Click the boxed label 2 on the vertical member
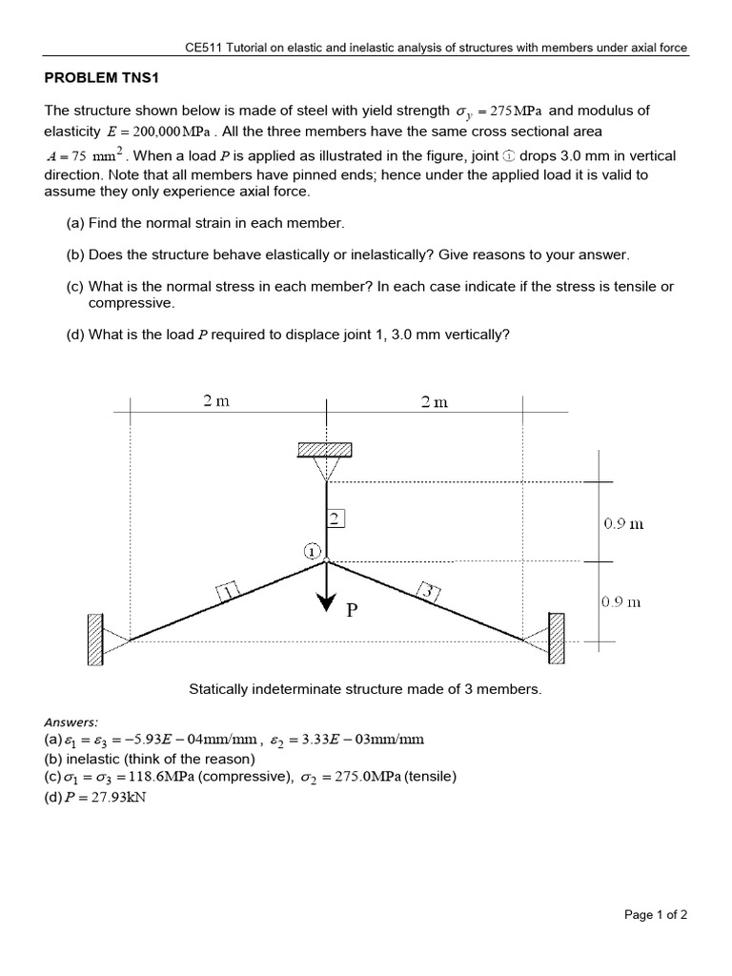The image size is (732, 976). pos(335,518)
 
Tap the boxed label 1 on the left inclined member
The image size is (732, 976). pos(230,594)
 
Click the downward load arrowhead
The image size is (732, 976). pos(327,600)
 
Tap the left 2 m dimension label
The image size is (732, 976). pos(216,401)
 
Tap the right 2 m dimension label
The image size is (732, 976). pos(434,401)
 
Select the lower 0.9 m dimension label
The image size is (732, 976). pos(622,602)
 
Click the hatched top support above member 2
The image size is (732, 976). pos(327,450)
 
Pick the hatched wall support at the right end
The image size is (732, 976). pos(557,637)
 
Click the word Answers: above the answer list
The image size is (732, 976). pos(71,722)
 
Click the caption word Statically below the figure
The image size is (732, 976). pos(217,688)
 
